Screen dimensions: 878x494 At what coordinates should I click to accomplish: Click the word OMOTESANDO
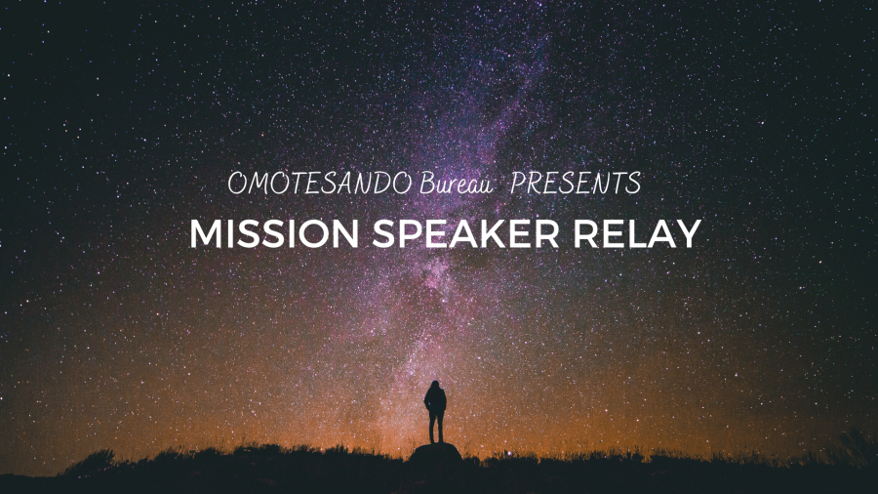pyautogui.click(x=320, y=184)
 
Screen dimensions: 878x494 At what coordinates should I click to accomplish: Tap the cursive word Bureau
pyautogui.click(x=456, y=184)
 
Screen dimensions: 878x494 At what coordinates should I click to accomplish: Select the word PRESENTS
pyautogui.click(x=576, y=184)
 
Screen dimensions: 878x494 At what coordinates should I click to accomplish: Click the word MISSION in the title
pyautogui.click(x=274, y=233)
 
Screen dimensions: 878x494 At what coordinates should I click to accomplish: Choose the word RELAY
pyautogui.click(x=637, y=233)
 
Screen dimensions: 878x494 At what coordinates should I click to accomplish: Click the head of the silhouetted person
pyautogui.click(x=434, y=386)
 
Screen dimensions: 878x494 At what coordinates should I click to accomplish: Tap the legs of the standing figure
pyautogui.click(x=436, y=428)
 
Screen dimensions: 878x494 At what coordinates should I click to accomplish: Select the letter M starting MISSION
pyautogui.click(x=203, y=233)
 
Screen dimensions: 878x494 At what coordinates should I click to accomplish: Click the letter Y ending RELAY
pyautogui.click(x=689, y=233)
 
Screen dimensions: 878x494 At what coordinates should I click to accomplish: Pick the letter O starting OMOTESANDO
pyautogui.click(x=237, y=184)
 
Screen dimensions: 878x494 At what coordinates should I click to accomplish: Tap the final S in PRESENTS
pyautogui.click(x=634, y=184)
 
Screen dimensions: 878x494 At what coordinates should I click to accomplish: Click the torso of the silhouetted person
pyautogui.click(x=435, y=402)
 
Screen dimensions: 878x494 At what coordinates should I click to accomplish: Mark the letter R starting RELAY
pyautogui.click(x=584, y=233)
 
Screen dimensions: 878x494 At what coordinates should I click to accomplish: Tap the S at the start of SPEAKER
pyautogui.click(x=382, y=233)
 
